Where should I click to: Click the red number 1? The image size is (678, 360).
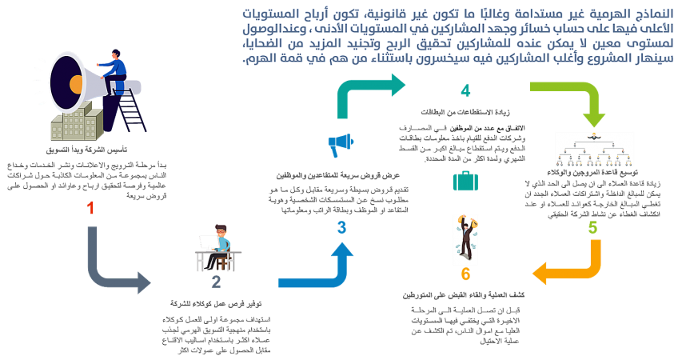90,208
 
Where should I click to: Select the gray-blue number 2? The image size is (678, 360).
216,282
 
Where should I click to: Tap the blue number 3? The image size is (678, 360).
341,228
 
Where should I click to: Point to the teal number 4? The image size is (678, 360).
465,90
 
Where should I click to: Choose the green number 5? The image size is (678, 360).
592,228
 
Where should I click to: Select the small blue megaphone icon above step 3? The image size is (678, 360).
341,145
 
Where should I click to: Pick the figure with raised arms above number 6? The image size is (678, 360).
465,240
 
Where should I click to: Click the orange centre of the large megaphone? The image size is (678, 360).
77,83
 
